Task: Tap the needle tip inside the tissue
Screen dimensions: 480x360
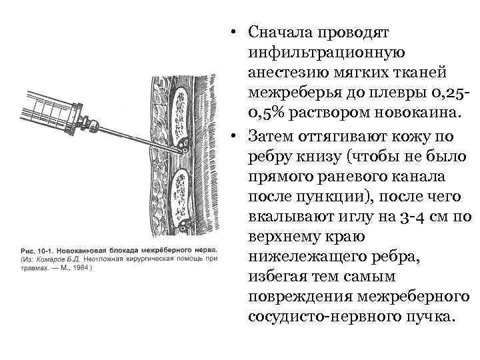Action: point(184,153)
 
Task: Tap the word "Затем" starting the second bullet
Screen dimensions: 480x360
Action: point(269,136)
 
